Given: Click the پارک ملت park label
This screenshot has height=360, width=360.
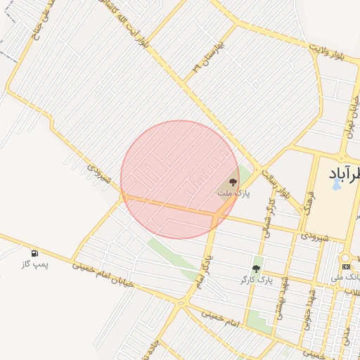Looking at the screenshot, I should tap(233, 193).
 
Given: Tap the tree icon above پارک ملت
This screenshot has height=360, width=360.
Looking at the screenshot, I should tap(233, 182).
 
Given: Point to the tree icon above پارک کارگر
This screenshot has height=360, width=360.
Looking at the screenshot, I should tap(256, 269).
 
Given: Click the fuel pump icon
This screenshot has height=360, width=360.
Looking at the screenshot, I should tap(34, 253).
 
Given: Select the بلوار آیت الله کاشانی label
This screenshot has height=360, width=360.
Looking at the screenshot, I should tap(141, 25).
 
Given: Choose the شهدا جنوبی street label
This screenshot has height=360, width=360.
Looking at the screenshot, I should tap(308, 305).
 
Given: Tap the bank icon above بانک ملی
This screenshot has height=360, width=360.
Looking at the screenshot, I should tap(346, 266).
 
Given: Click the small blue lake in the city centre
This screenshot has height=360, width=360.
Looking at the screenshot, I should tap(336, 186).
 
